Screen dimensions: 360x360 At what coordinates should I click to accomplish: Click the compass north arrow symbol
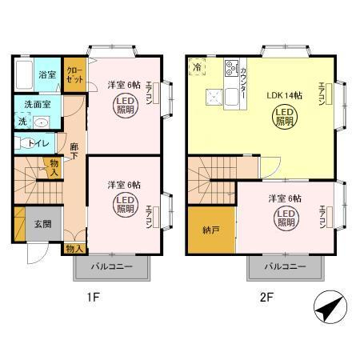(x=330, y=307)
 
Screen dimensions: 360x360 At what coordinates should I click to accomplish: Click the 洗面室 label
(x=37, y=104)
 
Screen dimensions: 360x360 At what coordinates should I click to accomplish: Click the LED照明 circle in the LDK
(x=285, y=117)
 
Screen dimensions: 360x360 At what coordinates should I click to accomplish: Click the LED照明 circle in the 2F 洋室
(x=286, y=218)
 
